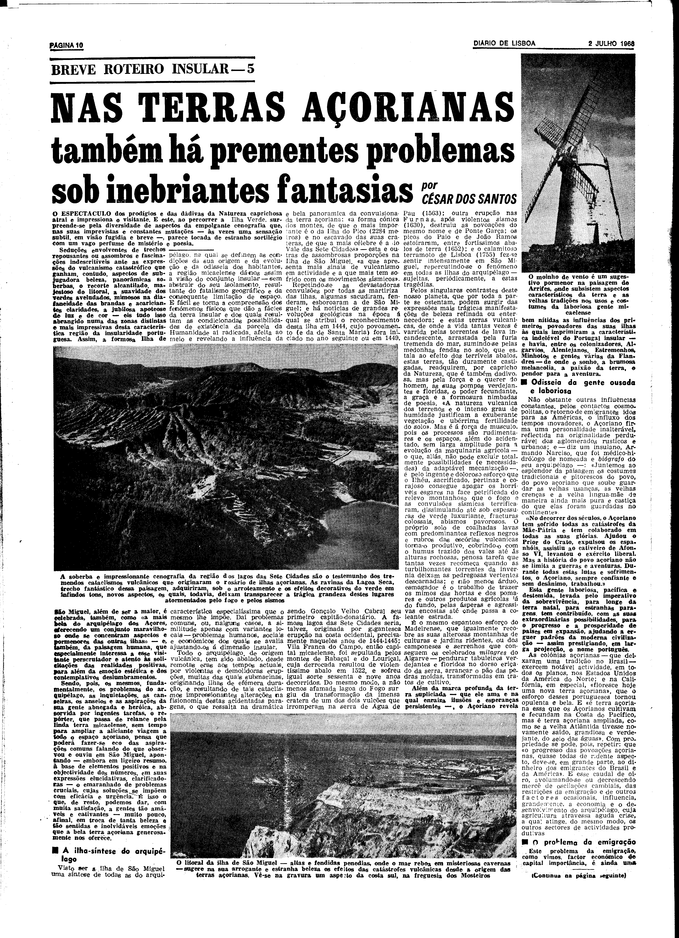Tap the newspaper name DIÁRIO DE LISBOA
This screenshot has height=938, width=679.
coord(504,43)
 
